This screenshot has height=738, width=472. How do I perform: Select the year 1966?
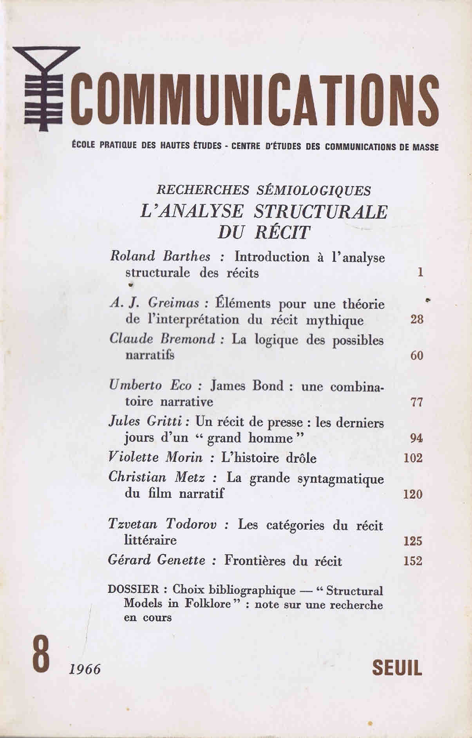[x=84, y=669]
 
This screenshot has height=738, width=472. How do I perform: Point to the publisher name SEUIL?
[x=397, y=668]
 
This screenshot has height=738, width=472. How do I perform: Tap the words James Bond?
[x=248, y=386]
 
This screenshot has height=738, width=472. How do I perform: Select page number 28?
[x=417, y=319]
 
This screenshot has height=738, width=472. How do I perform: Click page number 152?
[x=413, y=561]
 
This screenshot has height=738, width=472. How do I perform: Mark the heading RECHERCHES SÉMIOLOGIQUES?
[x=263, y=190]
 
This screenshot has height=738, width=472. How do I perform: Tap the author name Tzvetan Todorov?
[x=163, y=525]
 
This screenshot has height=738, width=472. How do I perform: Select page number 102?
[x=413, y=458]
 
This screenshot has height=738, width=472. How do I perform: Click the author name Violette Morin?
[x=156, y=457]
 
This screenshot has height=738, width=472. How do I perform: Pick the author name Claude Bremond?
[x=163, y=339]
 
